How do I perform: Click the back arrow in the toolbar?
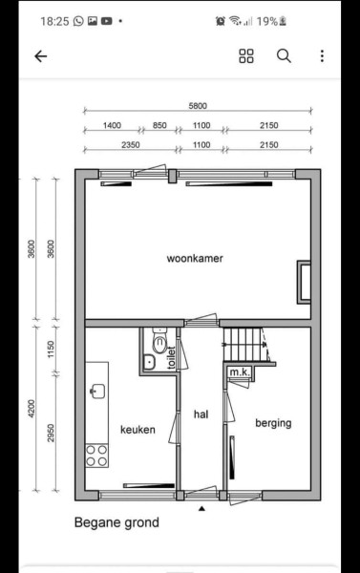tap(40, 56)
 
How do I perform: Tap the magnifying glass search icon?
tap(284, 56)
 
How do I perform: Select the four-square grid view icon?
tap(246, 56)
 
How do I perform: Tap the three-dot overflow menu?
tap(322, 56)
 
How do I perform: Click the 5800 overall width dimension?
tap(198, 106)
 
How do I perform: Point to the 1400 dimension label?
tap(112, 126)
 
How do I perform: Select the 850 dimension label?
tap(159, 126)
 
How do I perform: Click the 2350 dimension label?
tap(131, 145)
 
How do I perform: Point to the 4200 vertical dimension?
tap(32, 409)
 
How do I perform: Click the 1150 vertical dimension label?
tap(51, 350)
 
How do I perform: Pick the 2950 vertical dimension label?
tap(51, 433)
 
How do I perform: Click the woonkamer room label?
tap(195, 259)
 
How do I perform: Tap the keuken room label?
tap(138, 430)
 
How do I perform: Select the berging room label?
tap(273, 423)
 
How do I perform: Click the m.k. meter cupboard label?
tap(240, 372)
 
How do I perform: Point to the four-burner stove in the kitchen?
tap(96, 456)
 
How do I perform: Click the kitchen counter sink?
tap(97, 391)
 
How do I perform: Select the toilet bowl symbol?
tap(159, 343)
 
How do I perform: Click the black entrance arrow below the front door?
tap(201, 508)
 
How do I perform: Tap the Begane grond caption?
tap(116, 522)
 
